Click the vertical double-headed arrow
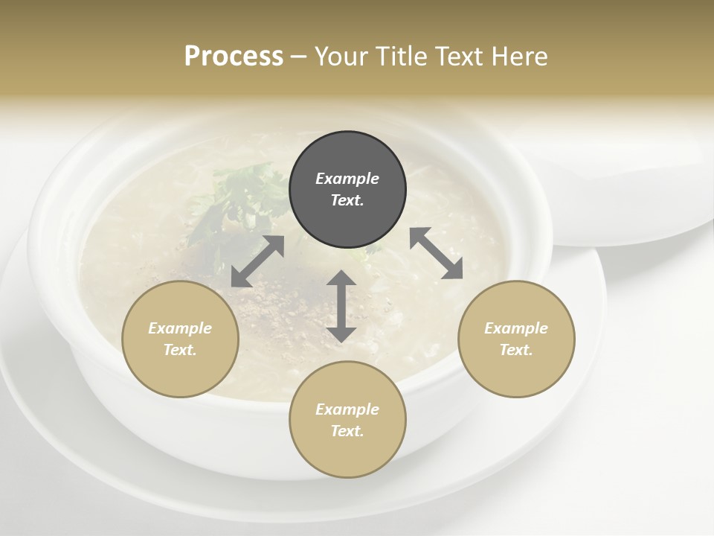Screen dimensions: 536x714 coord(341,306)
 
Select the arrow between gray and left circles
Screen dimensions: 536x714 coord(257,261)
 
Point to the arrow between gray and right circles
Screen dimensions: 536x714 coord(436,253)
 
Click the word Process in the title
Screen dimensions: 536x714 coord(234,56)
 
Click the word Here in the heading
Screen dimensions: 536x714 coord(520,56)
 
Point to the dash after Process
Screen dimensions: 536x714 coord(298,57)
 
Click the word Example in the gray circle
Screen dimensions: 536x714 coord(347,179)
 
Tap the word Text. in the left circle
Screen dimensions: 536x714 coord(180,350)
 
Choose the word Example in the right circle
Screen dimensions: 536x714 coord(516,328)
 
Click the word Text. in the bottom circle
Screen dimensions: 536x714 coord(347,431)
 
